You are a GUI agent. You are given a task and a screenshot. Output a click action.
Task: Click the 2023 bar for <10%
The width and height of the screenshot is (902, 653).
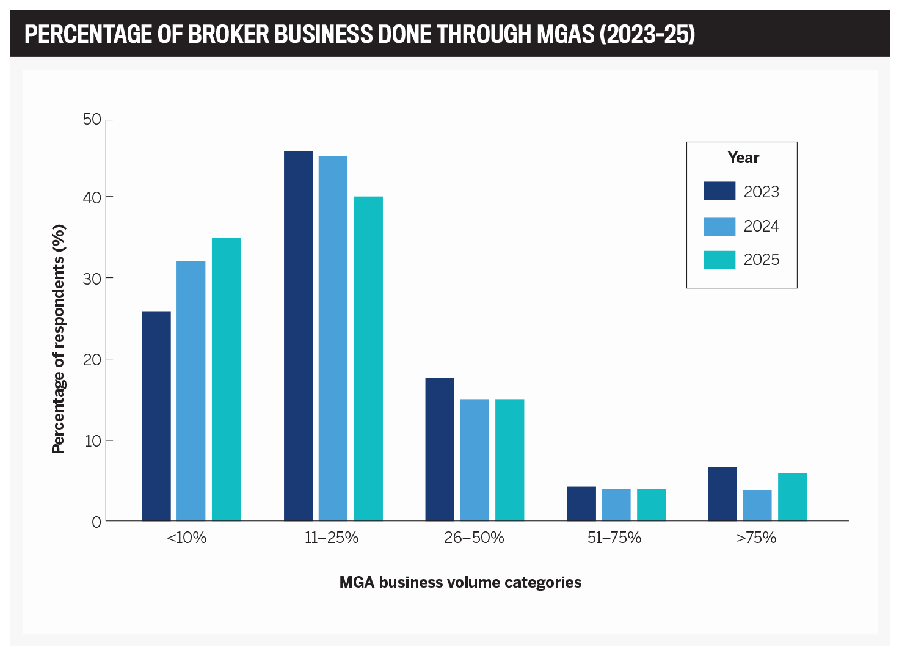pyautogui.click(x=156, y=416)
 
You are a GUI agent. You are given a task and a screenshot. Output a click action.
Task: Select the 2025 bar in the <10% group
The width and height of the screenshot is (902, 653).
pyautogui.click(x=226, y=379)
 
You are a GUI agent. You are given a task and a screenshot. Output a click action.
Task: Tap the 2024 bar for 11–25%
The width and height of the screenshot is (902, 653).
pyautogui.click(x=333, y=338)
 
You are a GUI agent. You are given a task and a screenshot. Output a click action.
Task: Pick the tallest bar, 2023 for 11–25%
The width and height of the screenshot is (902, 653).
pyautogui.click(x=298, y=336)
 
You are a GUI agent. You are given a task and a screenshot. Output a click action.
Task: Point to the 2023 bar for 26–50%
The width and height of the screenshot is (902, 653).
pyautogui.click(x=440, y=450)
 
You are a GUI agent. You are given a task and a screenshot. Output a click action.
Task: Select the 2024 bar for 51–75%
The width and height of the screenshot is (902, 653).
pyautogui.click(x=616, y=505)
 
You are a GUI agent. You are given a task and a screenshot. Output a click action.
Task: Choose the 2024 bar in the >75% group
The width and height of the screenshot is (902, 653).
pyautogui.click(x=757, y=505)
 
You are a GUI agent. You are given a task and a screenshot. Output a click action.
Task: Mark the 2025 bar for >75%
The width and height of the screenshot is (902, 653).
pyautogui.click(x=792, y=497)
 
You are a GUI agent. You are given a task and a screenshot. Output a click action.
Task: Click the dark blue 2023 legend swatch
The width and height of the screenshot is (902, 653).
pyautogui.click(x=719, y=191)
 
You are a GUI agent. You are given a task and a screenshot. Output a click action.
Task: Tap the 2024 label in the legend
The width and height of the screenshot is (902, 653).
pyautogui.click(x=761, y=227)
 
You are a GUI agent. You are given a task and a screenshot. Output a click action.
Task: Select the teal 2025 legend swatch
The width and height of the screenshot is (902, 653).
pyautogui.click(x=719, y=260)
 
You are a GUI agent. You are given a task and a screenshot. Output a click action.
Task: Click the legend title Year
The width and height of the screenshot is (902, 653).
pyautogui.click(x=743, y=158)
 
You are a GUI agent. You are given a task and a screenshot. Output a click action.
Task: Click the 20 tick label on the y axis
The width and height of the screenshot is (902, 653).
pyautogui.click(x=92, y=359)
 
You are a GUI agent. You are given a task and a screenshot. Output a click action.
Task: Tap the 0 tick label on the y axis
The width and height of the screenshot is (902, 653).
pyautogui.click(x=96, y=522)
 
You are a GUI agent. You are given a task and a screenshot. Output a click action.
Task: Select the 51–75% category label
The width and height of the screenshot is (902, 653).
pyautogui.click(x=614, y=538)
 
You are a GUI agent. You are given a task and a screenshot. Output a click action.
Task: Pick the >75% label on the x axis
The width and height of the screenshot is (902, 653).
pyautogui.click(x=756, y=538)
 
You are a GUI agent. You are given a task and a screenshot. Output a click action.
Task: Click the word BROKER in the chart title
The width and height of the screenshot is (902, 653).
pyautogui.click(x=228, y=35)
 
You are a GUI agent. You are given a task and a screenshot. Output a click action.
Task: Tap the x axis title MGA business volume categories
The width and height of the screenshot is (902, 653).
pyautogui.click(x=460, y=582)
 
